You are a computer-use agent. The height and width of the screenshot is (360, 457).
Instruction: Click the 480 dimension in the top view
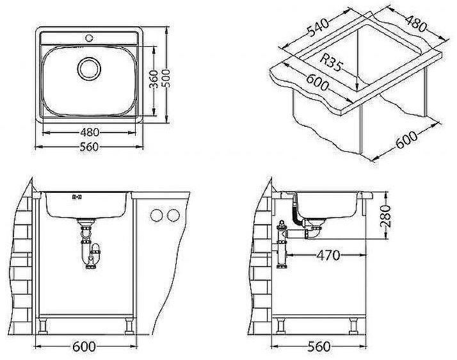(90, 133)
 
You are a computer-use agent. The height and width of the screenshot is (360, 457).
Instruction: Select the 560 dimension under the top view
(89, 147)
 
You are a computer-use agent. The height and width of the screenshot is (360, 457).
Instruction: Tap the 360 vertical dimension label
(154, 79)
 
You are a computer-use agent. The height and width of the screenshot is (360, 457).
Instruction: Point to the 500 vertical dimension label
(166, 78)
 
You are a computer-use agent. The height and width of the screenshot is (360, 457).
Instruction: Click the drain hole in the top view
(89, 69)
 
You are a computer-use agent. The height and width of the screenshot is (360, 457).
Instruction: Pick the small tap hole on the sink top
(89, 38)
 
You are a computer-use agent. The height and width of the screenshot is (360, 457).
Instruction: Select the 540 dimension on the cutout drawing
(318, 28)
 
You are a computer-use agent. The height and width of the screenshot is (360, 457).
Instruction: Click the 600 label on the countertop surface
(317, 83)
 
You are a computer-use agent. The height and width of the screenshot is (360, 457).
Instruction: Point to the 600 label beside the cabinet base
(407, 140)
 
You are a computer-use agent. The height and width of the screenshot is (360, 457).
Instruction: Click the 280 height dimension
(385, 216)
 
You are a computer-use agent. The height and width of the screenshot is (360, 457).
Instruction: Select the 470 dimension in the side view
(328, 256)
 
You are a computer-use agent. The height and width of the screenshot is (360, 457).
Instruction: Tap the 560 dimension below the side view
(319, 347)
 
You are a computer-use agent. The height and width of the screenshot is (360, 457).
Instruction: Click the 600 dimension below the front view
(84, 347)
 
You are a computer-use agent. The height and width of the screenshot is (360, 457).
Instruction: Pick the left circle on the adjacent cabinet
(157, 215)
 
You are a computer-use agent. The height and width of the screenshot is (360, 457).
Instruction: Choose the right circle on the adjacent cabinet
(173, 215)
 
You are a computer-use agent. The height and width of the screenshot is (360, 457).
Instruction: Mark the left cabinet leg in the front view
(43, 326)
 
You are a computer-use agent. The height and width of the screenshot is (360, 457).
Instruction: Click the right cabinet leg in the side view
(353, 326)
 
